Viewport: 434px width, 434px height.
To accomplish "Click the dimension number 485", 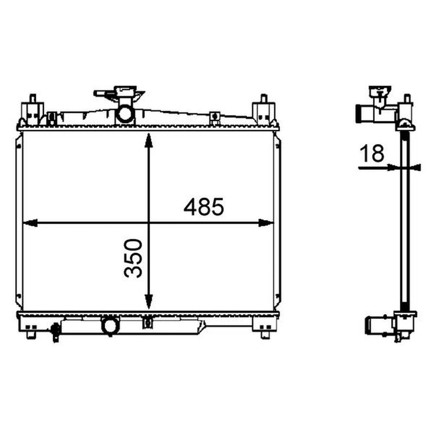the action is click(x=203, y=207).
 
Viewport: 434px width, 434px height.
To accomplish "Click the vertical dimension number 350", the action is click(x=133, y=258).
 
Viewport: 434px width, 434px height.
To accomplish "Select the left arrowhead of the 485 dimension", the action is click(x=30, y=223).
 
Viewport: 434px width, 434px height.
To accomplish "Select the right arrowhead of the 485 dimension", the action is click(x=266, y=223).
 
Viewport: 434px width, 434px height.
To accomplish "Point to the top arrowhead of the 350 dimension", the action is click(x=149, y=141).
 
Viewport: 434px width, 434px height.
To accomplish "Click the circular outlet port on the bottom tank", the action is click(x=111, y=325).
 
